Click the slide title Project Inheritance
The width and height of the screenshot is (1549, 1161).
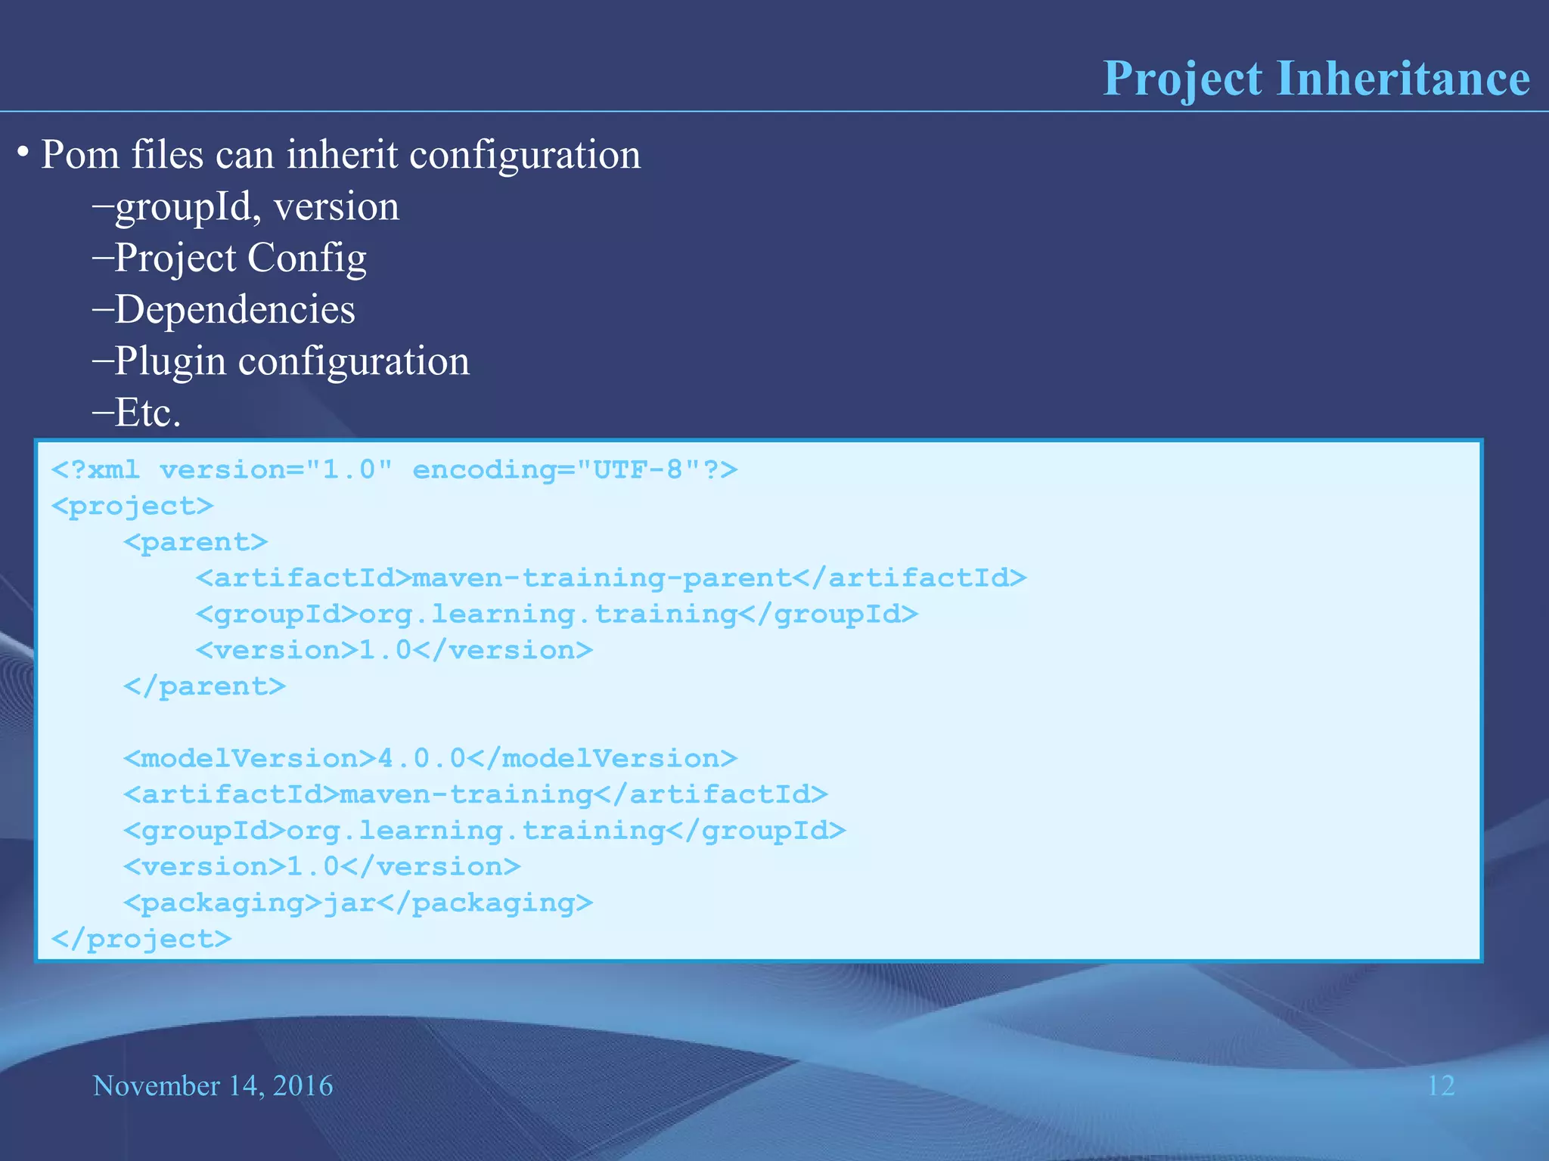click(x=1316, y=79)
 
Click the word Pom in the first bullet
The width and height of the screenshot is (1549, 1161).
click(x=79, y=155)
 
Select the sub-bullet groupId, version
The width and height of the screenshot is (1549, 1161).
click(x=256, y=207)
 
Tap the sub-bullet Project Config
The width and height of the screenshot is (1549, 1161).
click(x=240, y=259)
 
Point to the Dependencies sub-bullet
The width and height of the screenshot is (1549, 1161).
click(x=234, y=310)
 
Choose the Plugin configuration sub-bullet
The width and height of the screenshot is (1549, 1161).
click(x=291, y=361)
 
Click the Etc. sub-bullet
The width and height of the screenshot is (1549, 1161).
click(x=147, y=413)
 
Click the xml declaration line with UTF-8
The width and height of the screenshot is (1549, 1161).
click(x=393, y=470)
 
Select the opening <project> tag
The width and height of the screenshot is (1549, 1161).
click(x=132, y=506)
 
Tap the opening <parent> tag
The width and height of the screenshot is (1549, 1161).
click(x=196, y=543)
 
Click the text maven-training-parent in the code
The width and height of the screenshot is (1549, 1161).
click(x=601, y=578)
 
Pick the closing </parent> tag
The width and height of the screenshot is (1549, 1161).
click(x=204, y=686)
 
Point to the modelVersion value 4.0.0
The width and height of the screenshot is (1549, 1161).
click(x=421, y=758)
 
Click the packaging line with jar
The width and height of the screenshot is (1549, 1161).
click(x=358, y=902)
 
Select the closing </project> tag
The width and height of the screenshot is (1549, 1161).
click(x=141, y=939)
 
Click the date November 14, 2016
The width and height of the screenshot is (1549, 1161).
click(x=213, y=1086)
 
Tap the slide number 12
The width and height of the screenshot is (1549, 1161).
click(x=1440, y=1086)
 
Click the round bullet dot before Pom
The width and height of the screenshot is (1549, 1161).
click(x=23, y=153)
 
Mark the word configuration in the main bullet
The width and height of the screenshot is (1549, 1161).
click(x=525, y=155)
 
